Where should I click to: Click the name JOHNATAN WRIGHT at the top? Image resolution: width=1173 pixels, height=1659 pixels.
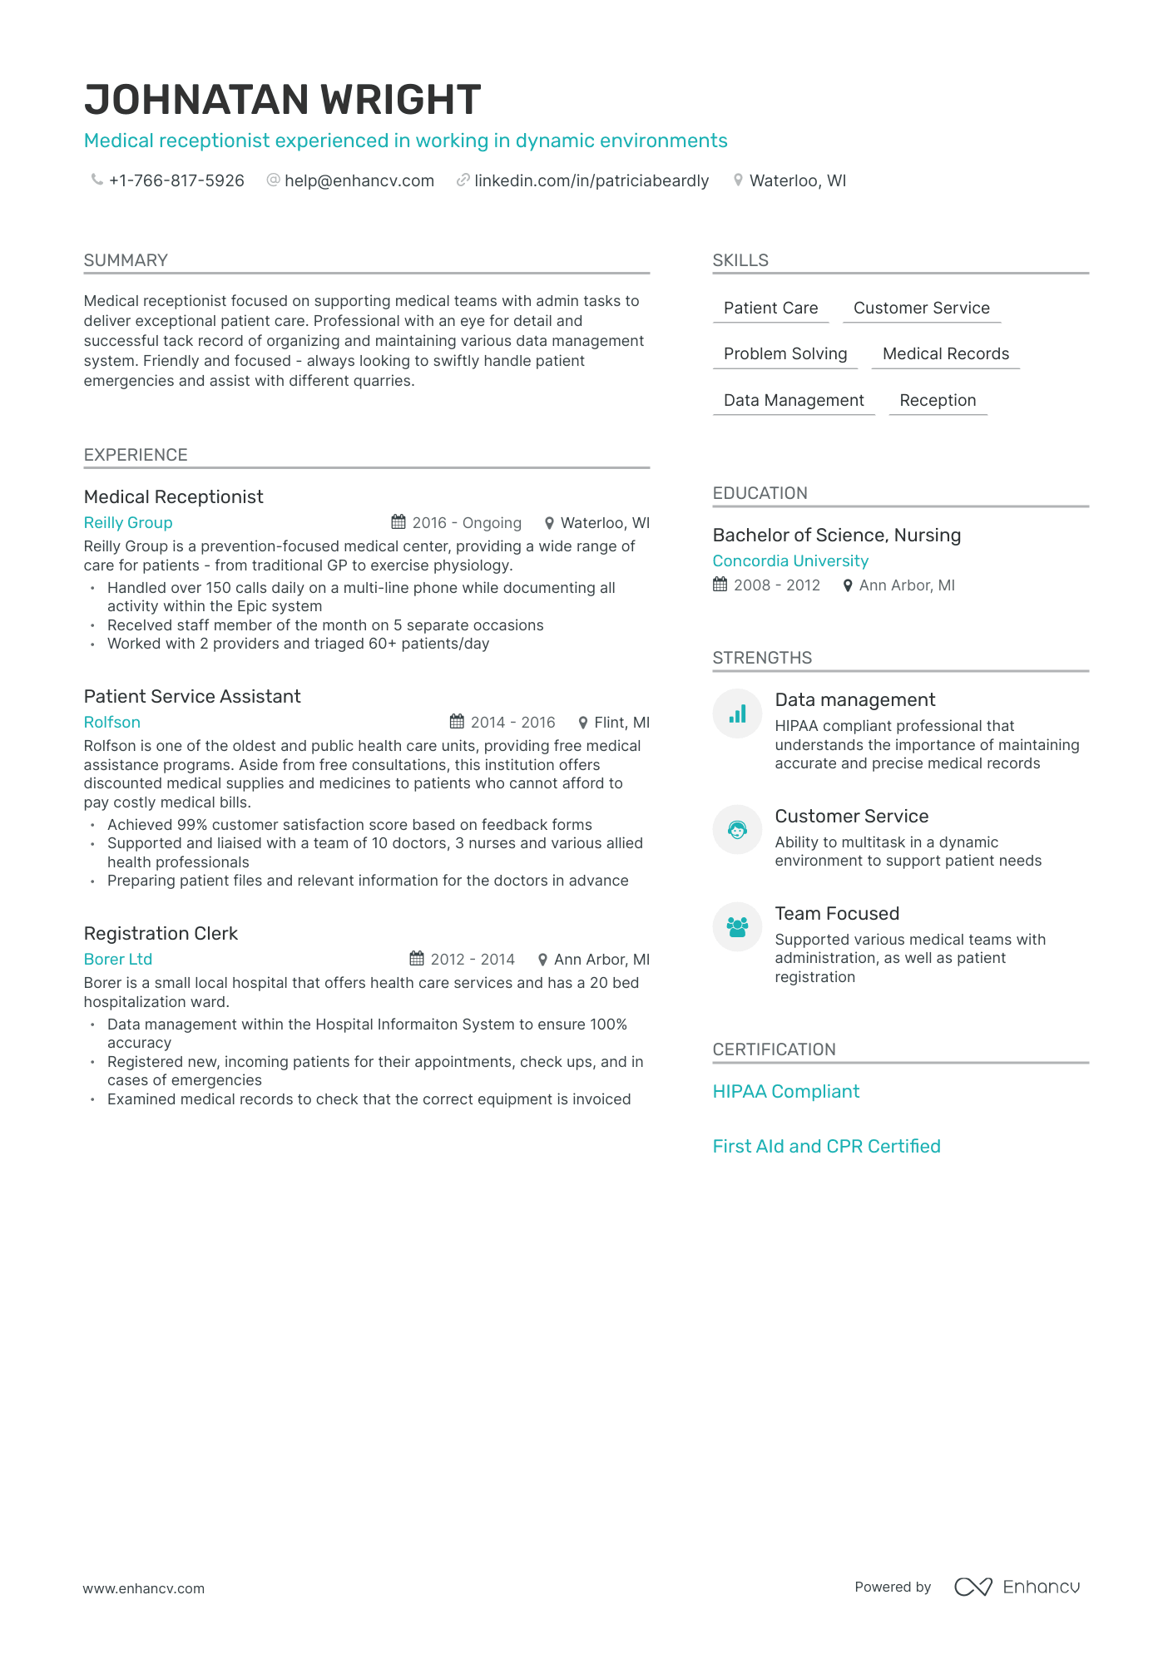pyautogui.click(x=282, y=100)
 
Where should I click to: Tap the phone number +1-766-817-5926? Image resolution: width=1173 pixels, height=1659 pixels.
pyautogui.click(x=176, y=180)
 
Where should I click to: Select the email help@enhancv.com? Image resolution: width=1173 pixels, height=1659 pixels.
pyautogui.click(x=359, y=180)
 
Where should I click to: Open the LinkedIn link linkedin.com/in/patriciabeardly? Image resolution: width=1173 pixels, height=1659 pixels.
pyautogui.click(x=591, y=180)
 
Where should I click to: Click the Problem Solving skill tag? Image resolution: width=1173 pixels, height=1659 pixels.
pyautogui.click(x=784, y=354)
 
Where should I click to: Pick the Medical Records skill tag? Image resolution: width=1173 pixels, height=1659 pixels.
pyautogui.click(x=945, y=354)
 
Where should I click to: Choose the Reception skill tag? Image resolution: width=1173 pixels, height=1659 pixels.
pyautogui.click(x=937, y=401)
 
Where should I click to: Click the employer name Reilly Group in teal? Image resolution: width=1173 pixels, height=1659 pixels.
pyautogui.click(x=128, y=523)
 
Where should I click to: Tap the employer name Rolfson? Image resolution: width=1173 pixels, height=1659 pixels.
pyautogui.click(x=112, y=723)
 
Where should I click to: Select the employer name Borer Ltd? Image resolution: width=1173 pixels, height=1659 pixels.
pyautogui.click(x=118, y=960)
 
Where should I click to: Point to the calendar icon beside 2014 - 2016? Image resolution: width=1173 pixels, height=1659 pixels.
pyautogui.click(x=457, y=721)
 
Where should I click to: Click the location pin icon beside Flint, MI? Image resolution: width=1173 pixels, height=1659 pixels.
pyautogui.click(x=583, y=723)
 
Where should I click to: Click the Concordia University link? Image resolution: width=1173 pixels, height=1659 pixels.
pyautogui.click(x=789, y=561)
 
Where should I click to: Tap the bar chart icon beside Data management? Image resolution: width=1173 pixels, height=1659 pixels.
pyautogui.click(x=737, y=714)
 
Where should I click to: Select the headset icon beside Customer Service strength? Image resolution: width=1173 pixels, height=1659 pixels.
pyautogui.click(x=737, y=829)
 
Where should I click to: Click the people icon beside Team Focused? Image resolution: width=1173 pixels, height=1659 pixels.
pyautogui.click(x=737, y=926)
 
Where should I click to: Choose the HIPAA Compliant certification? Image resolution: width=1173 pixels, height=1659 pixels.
pyautogui.click(x=785, y=1092)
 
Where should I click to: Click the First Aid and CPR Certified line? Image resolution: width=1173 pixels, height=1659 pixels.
pyautogui.click(x=826, y=1147)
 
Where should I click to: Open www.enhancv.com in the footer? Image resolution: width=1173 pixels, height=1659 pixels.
pyautogui.click(x=143, y=1588)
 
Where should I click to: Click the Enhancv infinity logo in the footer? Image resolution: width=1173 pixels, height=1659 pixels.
pyautogui.click(x=973, y=1587)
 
